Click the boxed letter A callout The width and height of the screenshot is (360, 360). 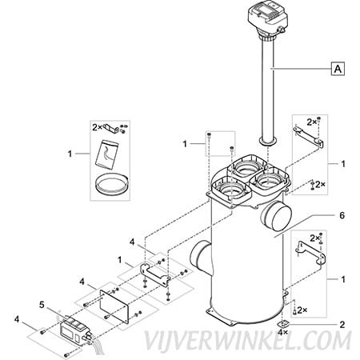(338, 69)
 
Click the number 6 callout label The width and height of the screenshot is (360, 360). (342, 215)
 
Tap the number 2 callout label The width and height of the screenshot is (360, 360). (342, 325)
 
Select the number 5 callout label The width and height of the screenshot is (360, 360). (42, 305)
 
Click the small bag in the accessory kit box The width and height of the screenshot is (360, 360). (106, 154)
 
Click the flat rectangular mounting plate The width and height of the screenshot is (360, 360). (114, 306)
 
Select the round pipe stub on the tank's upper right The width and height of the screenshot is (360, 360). (277, 215)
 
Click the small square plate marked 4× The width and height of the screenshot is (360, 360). (282, 325)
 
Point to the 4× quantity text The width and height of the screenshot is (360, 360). (282, 332)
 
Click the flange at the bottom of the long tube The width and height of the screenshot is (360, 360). (268, 142)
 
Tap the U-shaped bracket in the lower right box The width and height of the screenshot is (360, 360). (310, 253)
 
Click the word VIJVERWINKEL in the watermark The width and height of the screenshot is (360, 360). (213, 341)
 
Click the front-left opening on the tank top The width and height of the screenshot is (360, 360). (231, 190)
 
